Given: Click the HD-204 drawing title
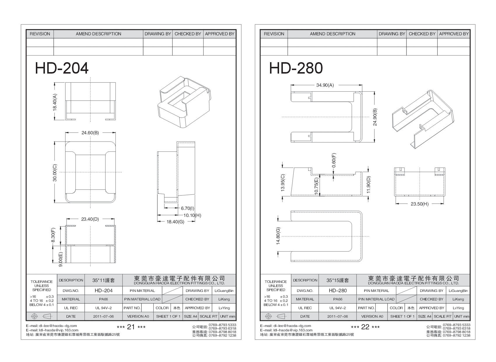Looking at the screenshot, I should [62, 68].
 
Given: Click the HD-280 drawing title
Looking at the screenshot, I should [296, 68].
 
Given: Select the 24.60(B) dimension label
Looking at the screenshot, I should [90, 133].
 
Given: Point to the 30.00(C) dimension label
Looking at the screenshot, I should [55, 173].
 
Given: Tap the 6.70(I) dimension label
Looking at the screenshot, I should [187, 208].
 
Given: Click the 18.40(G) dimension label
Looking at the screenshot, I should [175, 222].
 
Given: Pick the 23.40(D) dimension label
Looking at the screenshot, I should [90, 219].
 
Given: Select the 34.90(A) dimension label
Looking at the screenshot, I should [325, 85].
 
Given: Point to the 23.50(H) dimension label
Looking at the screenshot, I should [419, 204].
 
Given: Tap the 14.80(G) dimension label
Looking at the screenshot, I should [278, 236].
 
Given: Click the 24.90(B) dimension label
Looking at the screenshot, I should [375, 117].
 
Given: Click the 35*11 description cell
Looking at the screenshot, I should [104, 280].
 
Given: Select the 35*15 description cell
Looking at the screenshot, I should [338, 280].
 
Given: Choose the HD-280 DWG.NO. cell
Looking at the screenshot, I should [338, 290].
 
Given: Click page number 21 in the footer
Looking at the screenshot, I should [131, 327].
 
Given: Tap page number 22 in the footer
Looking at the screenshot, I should [365, 327].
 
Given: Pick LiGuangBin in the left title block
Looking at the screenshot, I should [224, 290].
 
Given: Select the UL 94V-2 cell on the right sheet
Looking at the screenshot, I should [338, 308].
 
